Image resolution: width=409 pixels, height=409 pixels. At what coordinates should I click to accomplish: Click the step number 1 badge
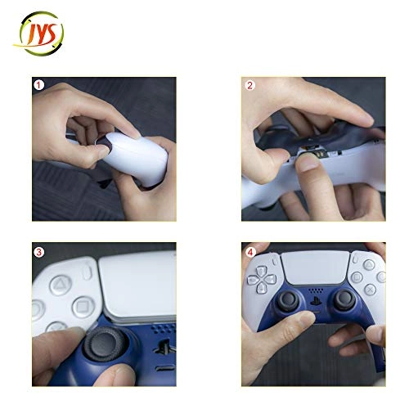click(x=38, y=85)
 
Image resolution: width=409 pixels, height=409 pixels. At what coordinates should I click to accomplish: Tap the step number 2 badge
click(x=249, y=85)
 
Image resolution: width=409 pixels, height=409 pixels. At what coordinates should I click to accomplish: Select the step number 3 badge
click(x=38, y=251)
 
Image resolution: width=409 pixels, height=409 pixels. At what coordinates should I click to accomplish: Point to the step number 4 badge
click(x=249, y=251)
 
